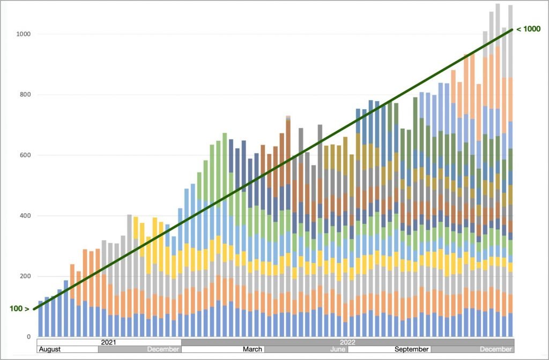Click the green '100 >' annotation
click(x=19, y=309)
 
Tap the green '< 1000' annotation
click(x=528, y=29)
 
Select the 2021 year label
click(x=109, y=342)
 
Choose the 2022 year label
click(x=347, y=342)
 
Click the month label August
click(x=50, y=349)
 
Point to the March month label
click(x=253, y=349)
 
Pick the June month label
click(x=338, y=349)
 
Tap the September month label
click(x=412, y=349)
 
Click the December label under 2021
click(x=163, y=349)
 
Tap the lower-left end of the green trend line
click(x=34, y=309)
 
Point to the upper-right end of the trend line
click(x=513, y=29)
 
